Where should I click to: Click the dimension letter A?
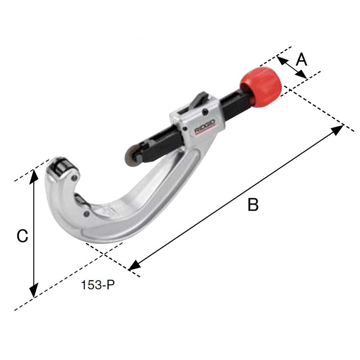[301, 59]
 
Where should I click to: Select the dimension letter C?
[22, 236]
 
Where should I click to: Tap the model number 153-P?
[98, 285]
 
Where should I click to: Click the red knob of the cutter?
[261, 87]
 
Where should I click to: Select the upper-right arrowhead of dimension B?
[337, 129]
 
